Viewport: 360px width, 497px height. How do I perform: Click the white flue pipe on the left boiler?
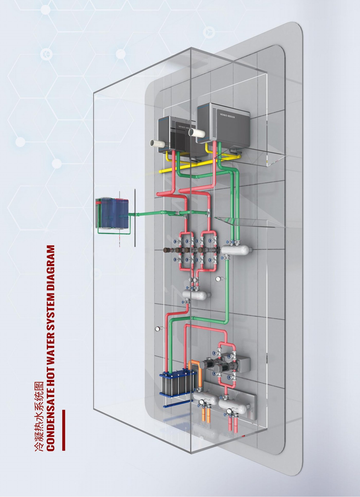[x=158, y=143]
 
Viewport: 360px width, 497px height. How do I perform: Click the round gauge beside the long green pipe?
[x=219, y=278]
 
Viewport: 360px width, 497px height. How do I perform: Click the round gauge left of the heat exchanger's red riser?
[x=157, y=328]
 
